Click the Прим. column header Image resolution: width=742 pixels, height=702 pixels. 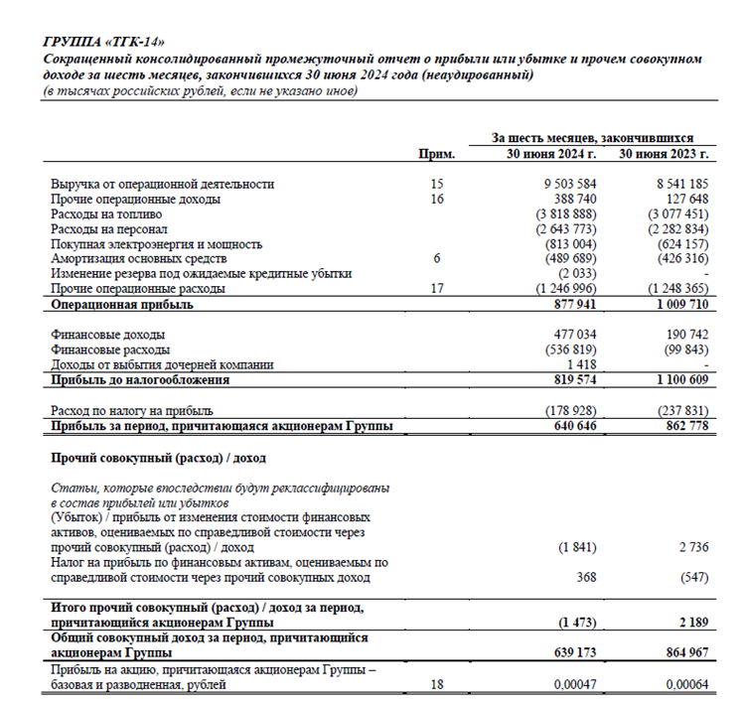click(437, 154)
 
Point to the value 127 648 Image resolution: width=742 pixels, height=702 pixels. click(683, 200)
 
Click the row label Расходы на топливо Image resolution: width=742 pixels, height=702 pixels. click(106, 214)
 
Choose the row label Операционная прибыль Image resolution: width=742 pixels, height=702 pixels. click(122, 305)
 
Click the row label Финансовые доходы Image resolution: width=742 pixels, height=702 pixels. click(107, 336)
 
